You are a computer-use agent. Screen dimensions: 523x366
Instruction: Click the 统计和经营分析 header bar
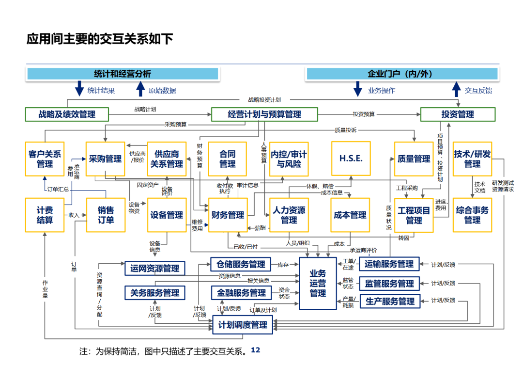(x=123, y=74)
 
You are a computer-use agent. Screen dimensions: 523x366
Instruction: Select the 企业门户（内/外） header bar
(x=402, y=74)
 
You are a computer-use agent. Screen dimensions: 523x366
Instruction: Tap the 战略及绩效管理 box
(x=67, y=114)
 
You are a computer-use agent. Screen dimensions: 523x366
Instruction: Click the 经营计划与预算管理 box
(x=264, y=114)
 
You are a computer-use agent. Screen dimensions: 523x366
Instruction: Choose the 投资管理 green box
(x=458, y=114)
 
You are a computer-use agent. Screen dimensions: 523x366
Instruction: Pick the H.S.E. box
(x=351, y=159)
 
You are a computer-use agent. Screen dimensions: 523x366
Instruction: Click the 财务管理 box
(x=228, y=215)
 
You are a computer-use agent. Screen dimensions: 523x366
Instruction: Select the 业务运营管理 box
(x=318, y=283)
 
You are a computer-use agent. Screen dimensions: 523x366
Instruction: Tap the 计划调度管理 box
(x=243, y=325)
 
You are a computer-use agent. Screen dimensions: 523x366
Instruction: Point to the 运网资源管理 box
(x=155, y=268)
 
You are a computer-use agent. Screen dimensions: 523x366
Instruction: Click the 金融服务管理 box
(x=242, y=293)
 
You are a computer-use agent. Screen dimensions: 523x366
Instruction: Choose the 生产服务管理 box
(x=390, y=301)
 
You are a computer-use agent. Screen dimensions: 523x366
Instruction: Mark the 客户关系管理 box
(x=45, y=159)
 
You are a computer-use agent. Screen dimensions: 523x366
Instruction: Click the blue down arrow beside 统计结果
(x=79, y=89)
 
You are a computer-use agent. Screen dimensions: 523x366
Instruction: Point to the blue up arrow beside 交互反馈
(x=456, y=89)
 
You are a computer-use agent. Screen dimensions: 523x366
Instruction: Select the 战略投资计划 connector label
(x=264, y=99)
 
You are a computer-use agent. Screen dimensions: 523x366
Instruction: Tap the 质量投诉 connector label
(x=346, y=130)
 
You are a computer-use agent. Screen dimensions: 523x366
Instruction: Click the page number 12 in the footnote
(x=256, y=350)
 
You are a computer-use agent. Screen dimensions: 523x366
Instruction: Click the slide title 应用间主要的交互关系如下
(x=100, y=39)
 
